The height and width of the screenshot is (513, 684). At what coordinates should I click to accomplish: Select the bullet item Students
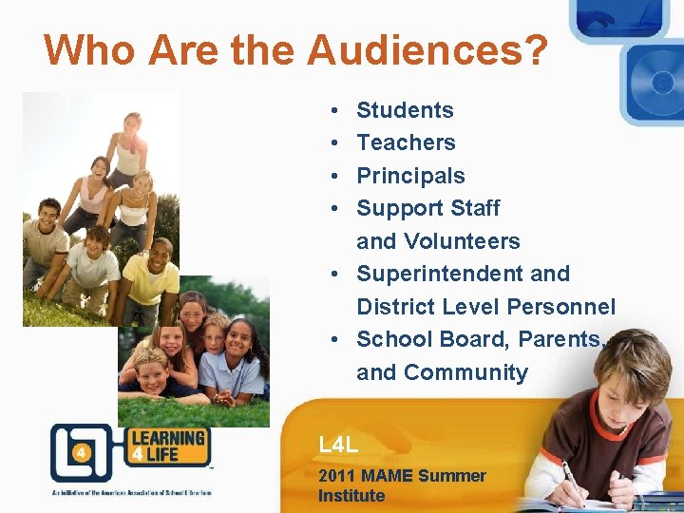(405, 110)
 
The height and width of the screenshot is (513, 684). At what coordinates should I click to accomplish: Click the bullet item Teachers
(406, 142)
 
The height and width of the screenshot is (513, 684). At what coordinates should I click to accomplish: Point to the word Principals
(410, 176)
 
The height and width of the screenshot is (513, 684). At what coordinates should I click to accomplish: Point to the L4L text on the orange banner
(338, 444)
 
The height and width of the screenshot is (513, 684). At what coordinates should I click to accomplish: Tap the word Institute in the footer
(351, 496)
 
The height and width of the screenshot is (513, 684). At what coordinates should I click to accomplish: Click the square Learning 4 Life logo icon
(81, 453)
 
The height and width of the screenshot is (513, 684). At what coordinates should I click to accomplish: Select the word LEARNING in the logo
(167, 439)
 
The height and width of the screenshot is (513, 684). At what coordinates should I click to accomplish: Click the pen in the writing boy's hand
(575, 480)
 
